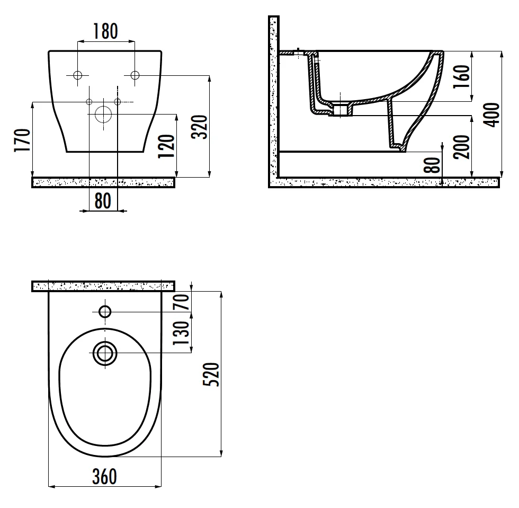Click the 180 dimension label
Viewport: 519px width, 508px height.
pyautogui.click(x=105, y=31)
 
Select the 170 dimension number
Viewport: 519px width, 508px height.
pyautogui.click(x=22, y=140)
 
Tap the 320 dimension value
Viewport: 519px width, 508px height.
pyautogui.click(x=200, y=127)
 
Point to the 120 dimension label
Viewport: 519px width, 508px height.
pyautogui.click(x=166, y=146)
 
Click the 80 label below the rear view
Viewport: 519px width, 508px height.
pyautogui.click(x=103, y=200)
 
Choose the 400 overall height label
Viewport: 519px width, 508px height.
pyautogui.click(x=491, y=115)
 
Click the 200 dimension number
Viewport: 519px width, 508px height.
pyautogui.click(x=462, y=147)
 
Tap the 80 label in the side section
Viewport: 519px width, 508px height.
pyautogui.click(x=432, y=165)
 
